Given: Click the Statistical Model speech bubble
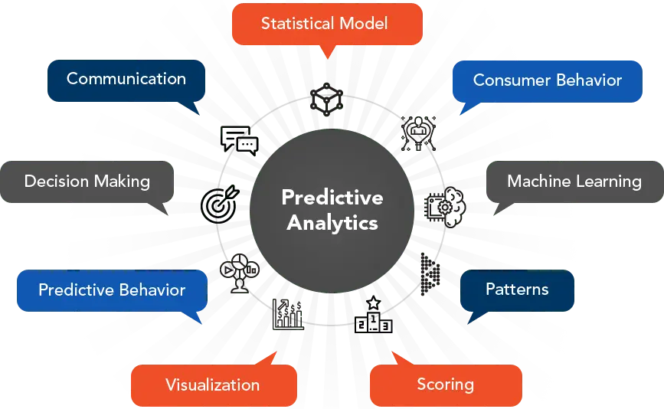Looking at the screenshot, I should pyautogui.click(x=325, y=23).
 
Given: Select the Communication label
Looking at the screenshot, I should pyautogui.click(x=126, y=78).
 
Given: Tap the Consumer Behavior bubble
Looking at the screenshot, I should pyautogui.click(x=547, y=80).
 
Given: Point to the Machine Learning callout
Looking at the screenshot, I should pyautogui.click(x=574, y=182).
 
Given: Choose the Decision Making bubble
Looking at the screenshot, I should pyautogui.click(x=87, y=182).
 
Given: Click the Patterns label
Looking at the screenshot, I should pyautogui.click(x=517, y=290).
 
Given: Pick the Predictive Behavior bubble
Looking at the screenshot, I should pyautogui.click(x=112, y=290).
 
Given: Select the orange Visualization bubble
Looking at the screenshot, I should pyautogui.click(x=213, y=384).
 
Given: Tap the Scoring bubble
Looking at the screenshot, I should pyautogui.click(x=445, y=384).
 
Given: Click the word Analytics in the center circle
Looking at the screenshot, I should pyautogui.click(x=332, y=223).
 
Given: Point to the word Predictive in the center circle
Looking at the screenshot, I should pyautogui.click(x=332, y=198).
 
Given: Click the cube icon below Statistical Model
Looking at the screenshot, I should pyautogui.click(x=325, y=97).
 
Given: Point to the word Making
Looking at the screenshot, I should pyautogui.click(x=122, y=182).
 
